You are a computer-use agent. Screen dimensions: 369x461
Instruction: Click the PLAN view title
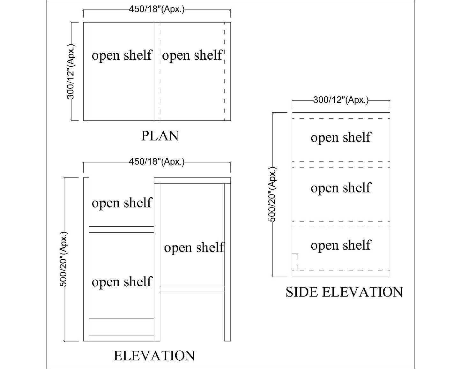point(160,136)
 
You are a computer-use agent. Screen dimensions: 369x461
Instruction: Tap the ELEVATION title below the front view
point(154,356)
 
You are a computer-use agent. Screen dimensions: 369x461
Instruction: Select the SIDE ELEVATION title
point(344,292)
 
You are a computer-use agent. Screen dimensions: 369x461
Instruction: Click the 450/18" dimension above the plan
point(157,10)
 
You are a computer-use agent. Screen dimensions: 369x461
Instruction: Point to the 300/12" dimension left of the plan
point(71,72)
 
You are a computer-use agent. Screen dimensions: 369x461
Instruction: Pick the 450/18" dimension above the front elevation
point(157,162)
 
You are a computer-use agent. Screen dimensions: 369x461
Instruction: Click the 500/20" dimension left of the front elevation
point(64,259)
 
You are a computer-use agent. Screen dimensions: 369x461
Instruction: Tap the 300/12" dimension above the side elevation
point(341,100)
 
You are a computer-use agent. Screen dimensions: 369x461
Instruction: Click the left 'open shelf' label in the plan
point(122,55)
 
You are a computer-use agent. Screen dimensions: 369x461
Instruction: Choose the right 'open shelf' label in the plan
point(192,55)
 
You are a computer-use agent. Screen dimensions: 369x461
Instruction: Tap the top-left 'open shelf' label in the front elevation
point(122,203)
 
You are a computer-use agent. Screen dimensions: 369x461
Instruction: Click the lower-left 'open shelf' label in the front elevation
point(122,282)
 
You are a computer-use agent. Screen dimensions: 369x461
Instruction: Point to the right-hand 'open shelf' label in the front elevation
point(194,247)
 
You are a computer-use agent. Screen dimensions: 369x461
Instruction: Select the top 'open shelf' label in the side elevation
point(341,137)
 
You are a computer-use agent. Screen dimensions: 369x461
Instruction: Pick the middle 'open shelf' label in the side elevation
point(341,188)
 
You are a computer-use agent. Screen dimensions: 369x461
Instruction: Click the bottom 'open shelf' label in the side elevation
point(341,245)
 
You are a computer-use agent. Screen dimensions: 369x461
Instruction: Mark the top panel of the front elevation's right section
point(192,180)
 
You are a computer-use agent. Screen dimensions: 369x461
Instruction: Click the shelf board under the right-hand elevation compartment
point(192,289)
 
